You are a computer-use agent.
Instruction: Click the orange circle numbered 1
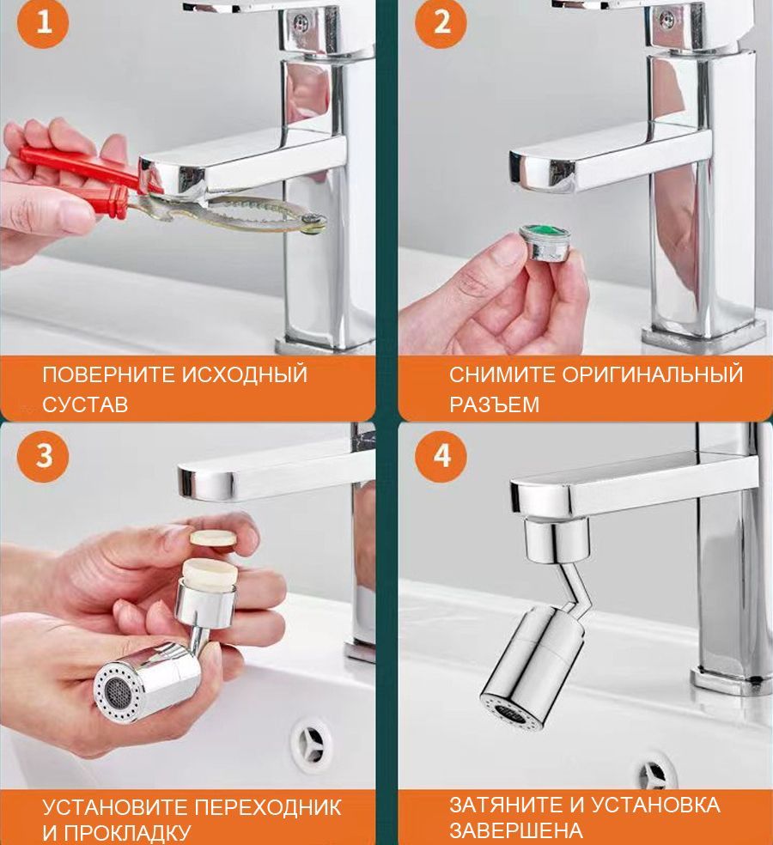click(x=44, y=22)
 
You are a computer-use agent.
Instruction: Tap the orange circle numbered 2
click(x=441, y=22)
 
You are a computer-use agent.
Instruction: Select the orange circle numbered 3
click(x=44, y=456)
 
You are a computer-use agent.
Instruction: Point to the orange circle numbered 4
click(x=441, y=456)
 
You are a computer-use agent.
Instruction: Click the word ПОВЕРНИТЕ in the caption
click(x=108, y=374)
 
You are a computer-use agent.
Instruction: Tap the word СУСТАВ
click(x=85, y=404)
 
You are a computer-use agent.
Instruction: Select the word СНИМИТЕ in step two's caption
click(x=502, y=374)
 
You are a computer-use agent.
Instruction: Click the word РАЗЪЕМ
click(x=495, y=404)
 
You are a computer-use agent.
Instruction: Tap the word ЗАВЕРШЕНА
click(x=516, y=830)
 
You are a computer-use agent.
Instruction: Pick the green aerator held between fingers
click(x=545, y=242)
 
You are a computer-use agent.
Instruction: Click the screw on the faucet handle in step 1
click(x=301, y=22)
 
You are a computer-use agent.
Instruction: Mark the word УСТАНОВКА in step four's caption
click(x=656, y=805)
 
